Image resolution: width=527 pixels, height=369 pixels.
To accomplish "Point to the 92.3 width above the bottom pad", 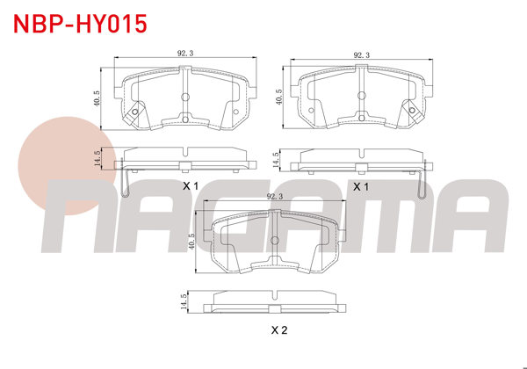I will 275,198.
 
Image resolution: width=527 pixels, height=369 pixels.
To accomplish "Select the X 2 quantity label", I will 279,331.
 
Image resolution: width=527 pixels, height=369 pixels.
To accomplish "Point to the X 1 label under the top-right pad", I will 360,187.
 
